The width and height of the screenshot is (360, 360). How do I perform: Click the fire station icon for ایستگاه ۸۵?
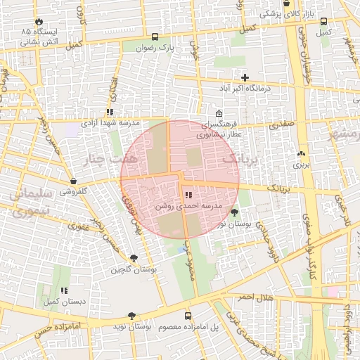[x=38, y=21]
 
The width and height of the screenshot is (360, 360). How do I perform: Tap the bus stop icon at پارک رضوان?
[x=155, y=37]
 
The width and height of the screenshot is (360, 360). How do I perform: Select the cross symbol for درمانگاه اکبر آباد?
[x=245, y=77]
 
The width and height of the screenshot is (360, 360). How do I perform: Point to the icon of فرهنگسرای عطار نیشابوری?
[x=219, y=114]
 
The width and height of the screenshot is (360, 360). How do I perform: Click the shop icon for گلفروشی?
[x=73, y=181]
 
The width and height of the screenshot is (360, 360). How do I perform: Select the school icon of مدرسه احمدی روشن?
[x=188, y=195]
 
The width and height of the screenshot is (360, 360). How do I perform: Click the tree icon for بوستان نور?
[x=233, y=212]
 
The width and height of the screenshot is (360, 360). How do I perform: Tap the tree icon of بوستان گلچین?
[x=134, y=258]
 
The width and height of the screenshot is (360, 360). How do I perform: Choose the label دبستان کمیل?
[x=63, y=301]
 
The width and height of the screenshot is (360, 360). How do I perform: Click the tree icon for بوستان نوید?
[x=131, y=316]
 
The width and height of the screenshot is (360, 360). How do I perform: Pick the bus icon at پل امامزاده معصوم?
[x=188, y=316]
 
